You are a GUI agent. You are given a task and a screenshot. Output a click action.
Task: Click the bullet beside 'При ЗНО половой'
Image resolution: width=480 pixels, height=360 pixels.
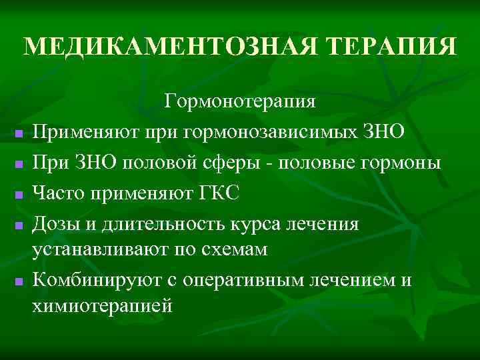click(19, 163)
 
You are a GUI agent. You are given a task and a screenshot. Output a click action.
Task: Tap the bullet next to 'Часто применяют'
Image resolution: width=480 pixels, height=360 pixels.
click(19, 193)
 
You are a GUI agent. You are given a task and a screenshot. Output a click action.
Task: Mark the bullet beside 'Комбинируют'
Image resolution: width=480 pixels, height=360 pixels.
click(19, 283)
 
